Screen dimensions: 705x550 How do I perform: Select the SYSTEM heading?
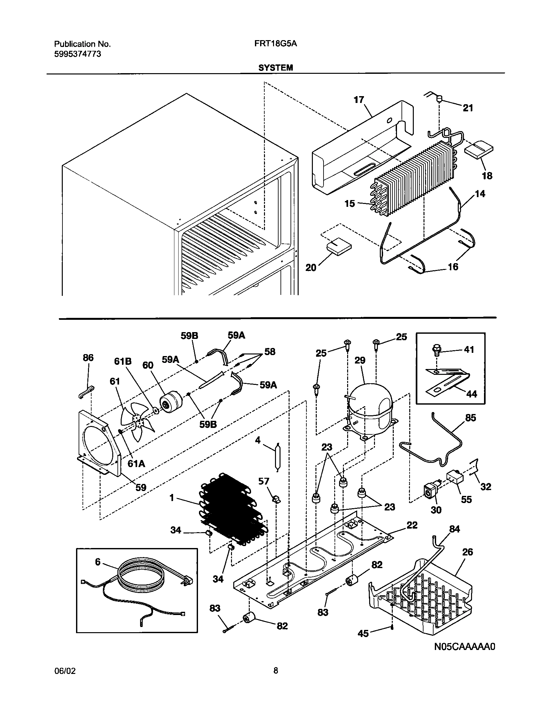click(276, 68)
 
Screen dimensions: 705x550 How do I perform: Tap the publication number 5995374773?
click(77, 54)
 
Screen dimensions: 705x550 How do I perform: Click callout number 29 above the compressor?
click(360, 360)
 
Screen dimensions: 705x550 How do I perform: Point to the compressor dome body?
click(370, 405)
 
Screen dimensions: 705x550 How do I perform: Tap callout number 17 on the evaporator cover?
click(359, 100)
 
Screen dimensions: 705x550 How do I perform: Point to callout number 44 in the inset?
click(472, 394)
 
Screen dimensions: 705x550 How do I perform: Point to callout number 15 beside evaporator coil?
click(350, 204)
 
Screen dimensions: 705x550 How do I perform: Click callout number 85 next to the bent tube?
click(470, 418)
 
